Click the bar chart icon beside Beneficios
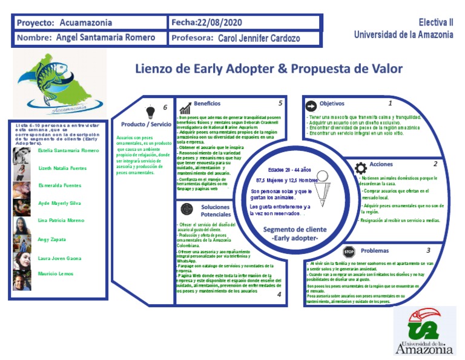pyautogui.click(x=185, y=108)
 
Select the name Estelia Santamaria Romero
pyautogui.click(x=68, y=150)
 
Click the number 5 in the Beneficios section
pyautogui.click(x=280, y=104)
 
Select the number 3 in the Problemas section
pyautogui.click(x=428, y=250)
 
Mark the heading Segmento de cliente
pyautogui.click(x=295, y=230)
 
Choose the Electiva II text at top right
pyautogui.click(x=436, y=22)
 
